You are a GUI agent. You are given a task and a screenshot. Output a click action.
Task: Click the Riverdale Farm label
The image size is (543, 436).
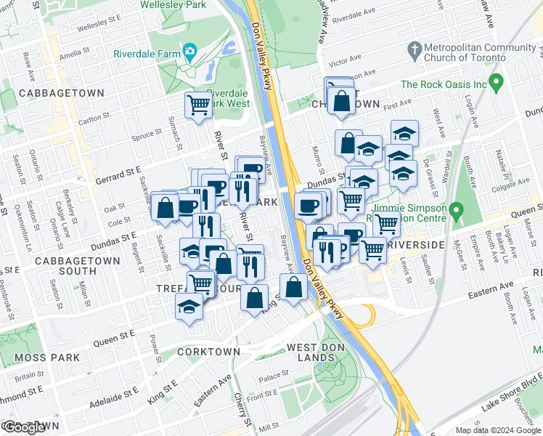(145, 54)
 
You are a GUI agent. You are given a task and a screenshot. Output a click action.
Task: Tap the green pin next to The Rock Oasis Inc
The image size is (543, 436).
(497, 84)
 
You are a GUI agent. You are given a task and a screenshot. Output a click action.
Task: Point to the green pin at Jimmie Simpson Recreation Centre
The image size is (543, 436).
(456, 211)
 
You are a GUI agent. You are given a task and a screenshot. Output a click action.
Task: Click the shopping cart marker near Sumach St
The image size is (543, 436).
(197, 106)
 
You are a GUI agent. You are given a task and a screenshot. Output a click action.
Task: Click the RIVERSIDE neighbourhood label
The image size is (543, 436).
(415, 246)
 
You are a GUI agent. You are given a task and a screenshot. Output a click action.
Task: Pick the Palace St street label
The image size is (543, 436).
(274, 376)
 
